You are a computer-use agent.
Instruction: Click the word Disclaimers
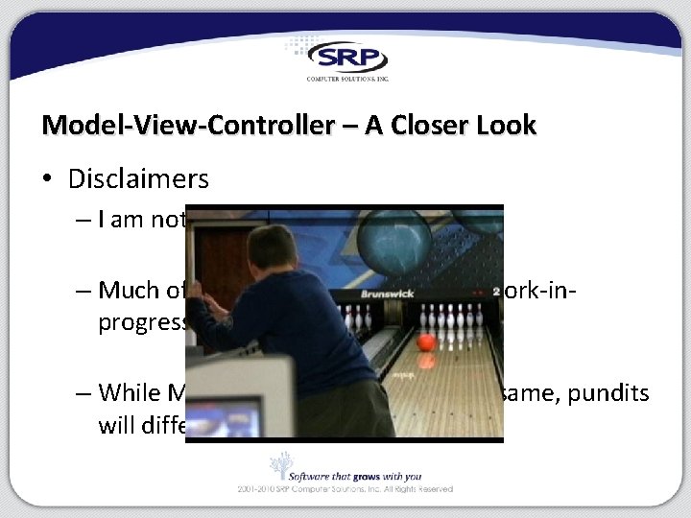click(138, 178)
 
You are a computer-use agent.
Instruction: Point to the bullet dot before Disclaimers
click(49, 179)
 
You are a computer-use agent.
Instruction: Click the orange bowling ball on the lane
click(427, 341)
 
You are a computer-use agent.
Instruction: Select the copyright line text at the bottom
click(345, 489)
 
